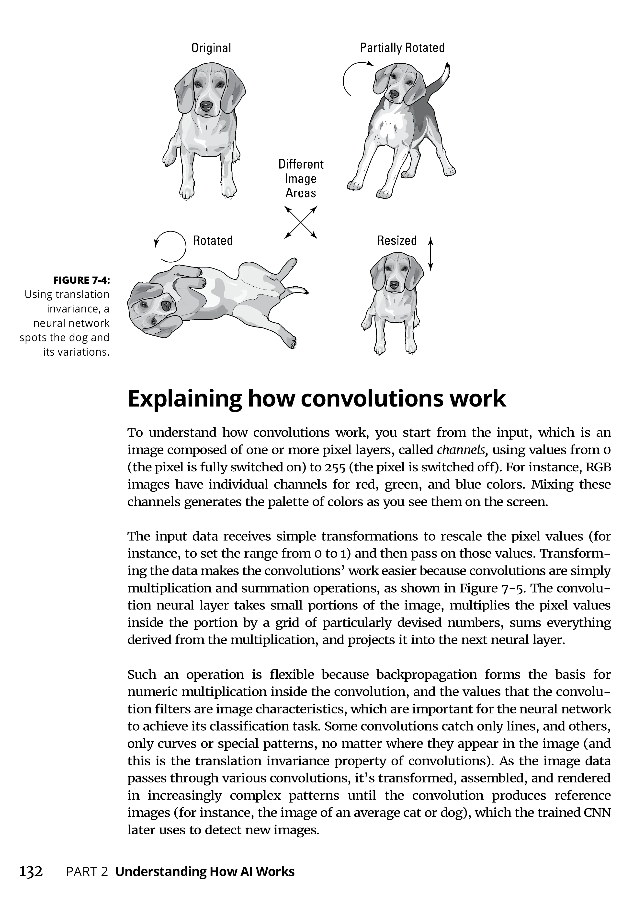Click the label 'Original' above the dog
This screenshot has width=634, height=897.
click(211, 48)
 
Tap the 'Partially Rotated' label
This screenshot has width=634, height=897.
click(402, 48)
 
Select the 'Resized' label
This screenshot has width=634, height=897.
click(397, 240)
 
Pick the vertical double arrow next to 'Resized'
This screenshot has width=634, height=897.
click(430, 254)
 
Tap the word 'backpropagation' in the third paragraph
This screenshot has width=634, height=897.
click(426, 675)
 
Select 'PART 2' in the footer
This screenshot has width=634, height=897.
click(87, 872)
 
